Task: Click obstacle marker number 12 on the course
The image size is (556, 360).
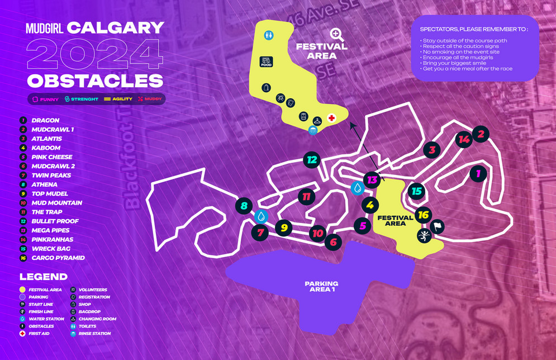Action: pyautogui.click(x=312, y=160)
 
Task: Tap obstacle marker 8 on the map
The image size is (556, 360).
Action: pyautogui.click(x=244, y=206)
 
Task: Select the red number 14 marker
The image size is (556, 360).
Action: pyautogui.click(x=463, y=139)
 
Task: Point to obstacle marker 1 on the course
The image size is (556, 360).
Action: pyautogui.click(x=478, y=173)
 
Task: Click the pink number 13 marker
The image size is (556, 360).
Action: pyautogui.click(x=372, y=179)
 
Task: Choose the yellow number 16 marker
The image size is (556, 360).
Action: pyautogui.click(x=424, y=215)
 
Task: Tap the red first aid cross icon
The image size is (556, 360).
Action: pyautogui.click(x=331, y=118)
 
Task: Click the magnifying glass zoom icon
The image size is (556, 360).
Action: pyautogui.click(x=336, y=35)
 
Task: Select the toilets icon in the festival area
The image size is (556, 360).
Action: pyautogui.click(x=269, y=35)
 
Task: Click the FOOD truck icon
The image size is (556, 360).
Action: pyautogui.click(x=266, y=61)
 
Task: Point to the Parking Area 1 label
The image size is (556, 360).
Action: pyautogui.click(x=321, y=286)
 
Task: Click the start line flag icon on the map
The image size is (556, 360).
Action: pyautogui.click(x=437, y=226)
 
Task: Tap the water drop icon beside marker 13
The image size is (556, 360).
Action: pyautogui.click(x=358, y=188)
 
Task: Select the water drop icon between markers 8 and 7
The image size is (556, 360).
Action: pyautogui.click(x=261, y=216)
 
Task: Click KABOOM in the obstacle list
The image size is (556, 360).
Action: pyautogui.click(x=46, y=148)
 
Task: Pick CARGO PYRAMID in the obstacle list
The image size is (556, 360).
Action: pyautogui.click(x=58, y=258)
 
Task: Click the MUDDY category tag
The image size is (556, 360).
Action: pyautogui.click(x=150, y=99)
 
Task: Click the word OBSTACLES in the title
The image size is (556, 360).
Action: pyautogui.click(x=95, y=80)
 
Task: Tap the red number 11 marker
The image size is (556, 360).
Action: pyautogui.click(x=306, y=196)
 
